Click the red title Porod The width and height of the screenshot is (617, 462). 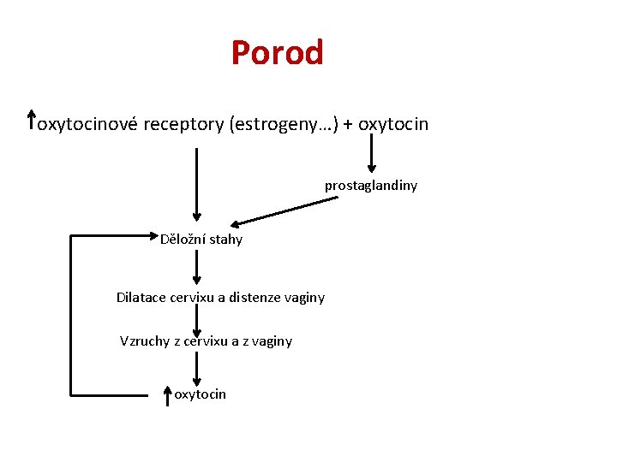pyautogui.click(x=277, y=53)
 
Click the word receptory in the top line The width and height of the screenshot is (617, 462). pyautogui.click(x=183, y=125)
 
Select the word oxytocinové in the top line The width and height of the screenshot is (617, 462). pyautogui.click(x=89, y=125)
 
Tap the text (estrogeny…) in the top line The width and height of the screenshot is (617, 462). pyautogui.click(x=282, y=125)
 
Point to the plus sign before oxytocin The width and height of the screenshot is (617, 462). pyautogui.click(x=349, y=125)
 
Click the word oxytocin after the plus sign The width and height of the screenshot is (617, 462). pyautogui.click(x=393, y=125)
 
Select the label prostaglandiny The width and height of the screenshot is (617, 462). pyautogui.click(x=370, y=185)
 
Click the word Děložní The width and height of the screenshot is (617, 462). pyautogui.click(x=183, y=240)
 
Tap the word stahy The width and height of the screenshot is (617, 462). pyautogui.click(x=225, y=240)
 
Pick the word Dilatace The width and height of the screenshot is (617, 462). pyautogui.click(x=141, y=298)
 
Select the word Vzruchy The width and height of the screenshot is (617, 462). pyautogui.click(x=145, y=341)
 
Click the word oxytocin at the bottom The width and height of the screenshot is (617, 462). pyautogui.click(x=200, y=394)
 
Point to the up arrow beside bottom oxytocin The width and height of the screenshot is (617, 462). pyautogui.click(x=168, y=394)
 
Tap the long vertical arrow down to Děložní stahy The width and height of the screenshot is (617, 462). pyautogui.click(x=197, y=184)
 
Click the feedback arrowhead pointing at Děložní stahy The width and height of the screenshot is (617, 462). pyautogui.click(x=154, y=234)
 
